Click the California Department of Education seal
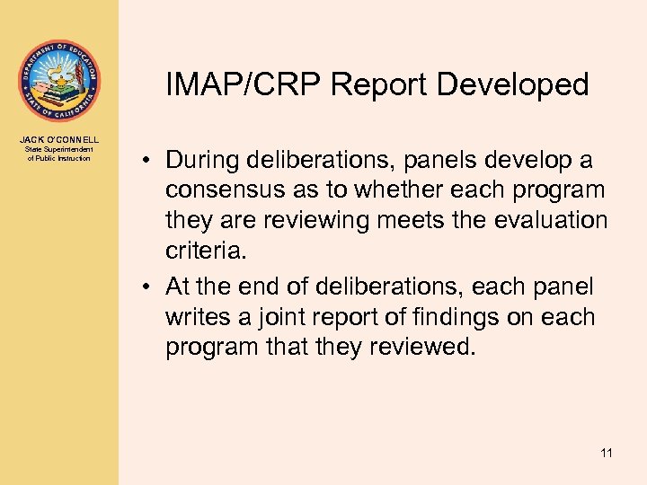pyautogui.click(x=59, y=80)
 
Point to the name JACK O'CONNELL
pyautogui.click(x=59, y=139)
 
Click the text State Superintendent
pyautogui.click(x=59, y=149)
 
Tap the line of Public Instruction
pyautogui.click(x=59, y=158)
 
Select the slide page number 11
pyautogui.click(x=607, y=453)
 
